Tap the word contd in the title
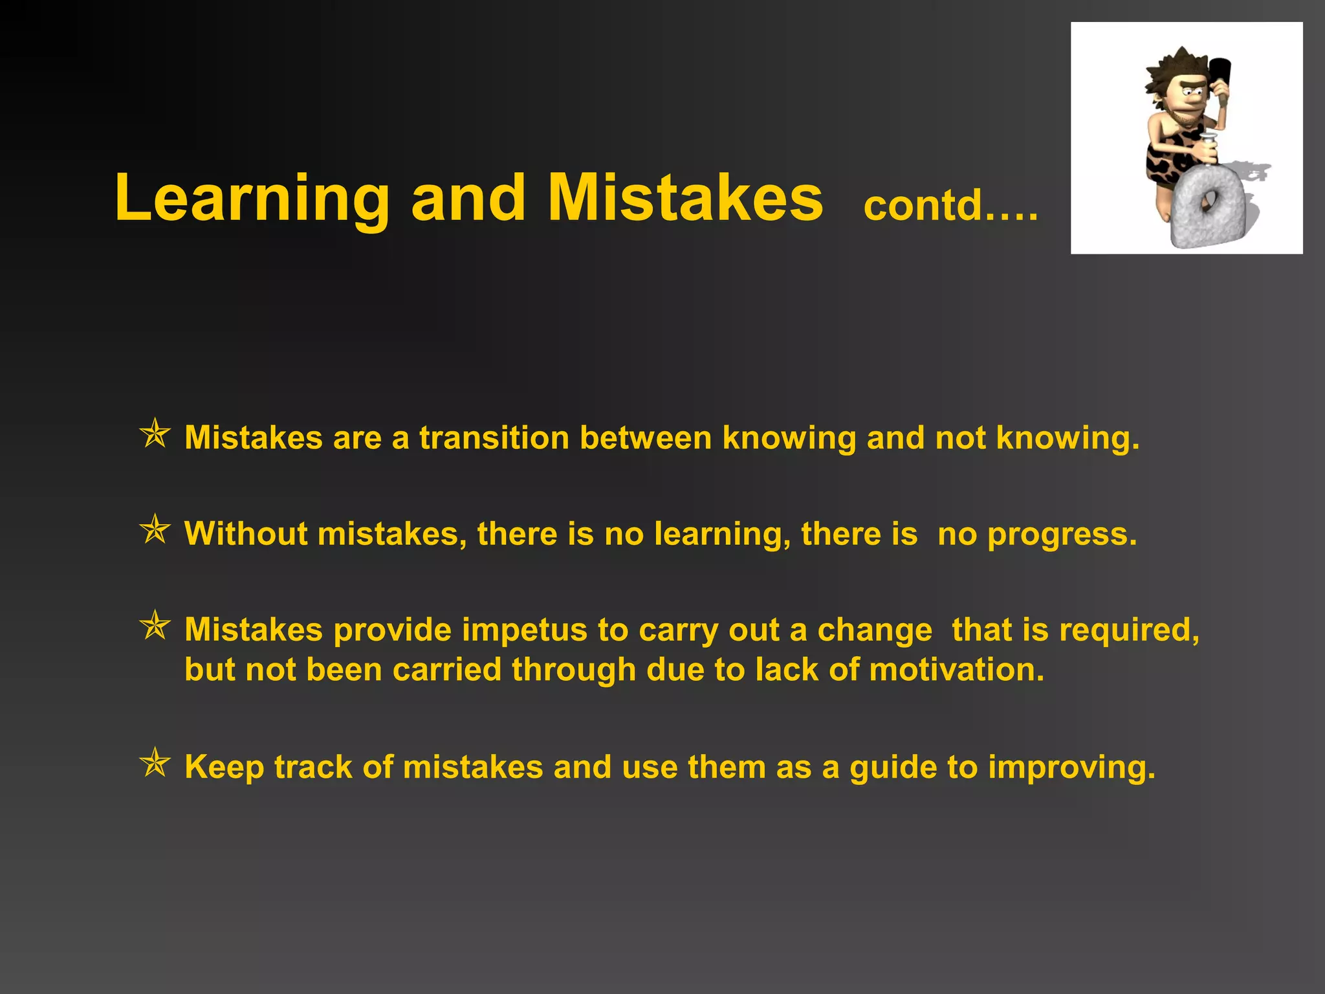923,205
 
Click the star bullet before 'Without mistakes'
155,530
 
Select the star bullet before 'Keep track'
155,763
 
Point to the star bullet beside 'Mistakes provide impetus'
155,626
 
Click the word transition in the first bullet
494,437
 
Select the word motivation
956,669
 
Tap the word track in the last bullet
313,768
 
